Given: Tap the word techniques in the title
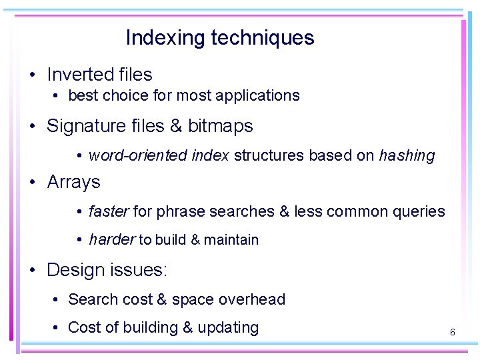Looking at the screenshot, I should [262, 38].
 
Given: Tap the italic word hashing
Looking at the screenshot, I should [407, 156].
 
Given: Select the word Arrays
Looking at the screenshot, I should [73, 182].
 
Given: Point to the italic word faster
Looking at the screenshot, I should [109, 212].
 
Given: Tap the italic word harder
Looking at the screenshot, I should [112, 240].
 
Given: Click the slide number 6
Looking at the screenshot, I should [452, 331].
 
